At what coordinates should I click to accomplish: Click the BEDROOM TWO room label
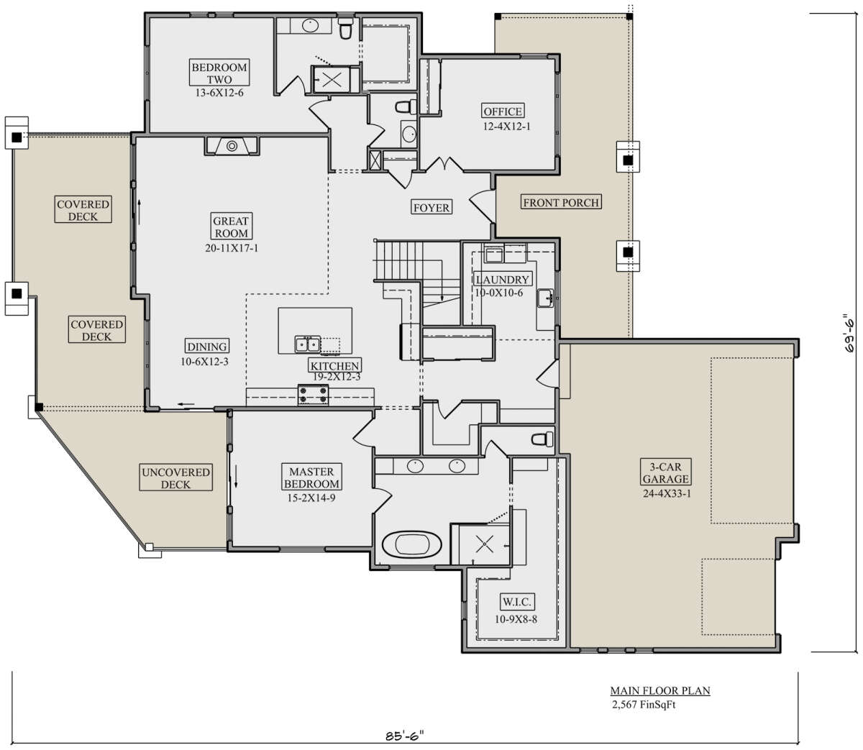pyautogui.click(x=219, y=73)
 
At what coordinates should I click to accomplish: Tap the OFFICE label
pyautogui.click(x=503, y=111)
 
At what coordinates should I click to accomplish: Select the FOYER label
pyautogui.click(x=431, y=207)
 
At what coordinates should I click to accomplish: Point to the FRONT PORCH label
pyautogui.click(x=561, y=202)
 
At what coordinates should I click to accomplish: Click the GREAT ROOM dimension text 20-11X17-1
pyautogui.click(x=232, y=248)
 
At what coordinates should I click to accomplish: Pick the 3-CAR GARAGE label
pyautogui.click(x=666, y=472)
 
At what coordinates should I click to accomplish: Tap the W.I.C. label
pyautogui.click(x=516, y=602)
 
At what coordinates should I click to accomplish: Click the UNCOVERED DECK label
pyautogui.click(x=176, y=478)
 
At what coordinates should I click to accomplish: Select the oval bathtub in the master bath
pyautogui.click(x=411, y=544)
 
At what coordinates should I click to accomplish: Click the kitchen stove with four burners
pyautogui.click(x=313, y=395)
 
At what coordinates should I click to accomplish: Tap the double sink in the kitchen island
pyautogui.click(x=308, y=344)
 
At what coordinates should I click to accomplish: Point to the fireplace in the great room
pyautogui.click(x=232, y=146)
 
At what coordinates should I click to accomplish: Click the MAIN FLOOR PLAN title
pyautogui.click(x=660, y=691)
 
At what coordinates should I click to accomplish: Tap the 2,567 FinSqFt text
pyautogui.click(x=644, y=705)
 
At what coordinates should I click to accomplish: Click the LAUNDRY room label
pyautogui.click(x=502, y=279)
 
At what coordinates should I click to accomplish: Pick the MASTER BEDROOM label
pyautogui.click(x=311, y=477)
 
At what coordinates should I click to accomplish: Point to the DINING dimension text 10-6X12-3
pyautogui.click(x=204, y=361)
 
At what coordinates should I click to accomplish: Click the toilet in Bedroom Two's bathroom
pyautogui.click(x=345, y=29)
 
